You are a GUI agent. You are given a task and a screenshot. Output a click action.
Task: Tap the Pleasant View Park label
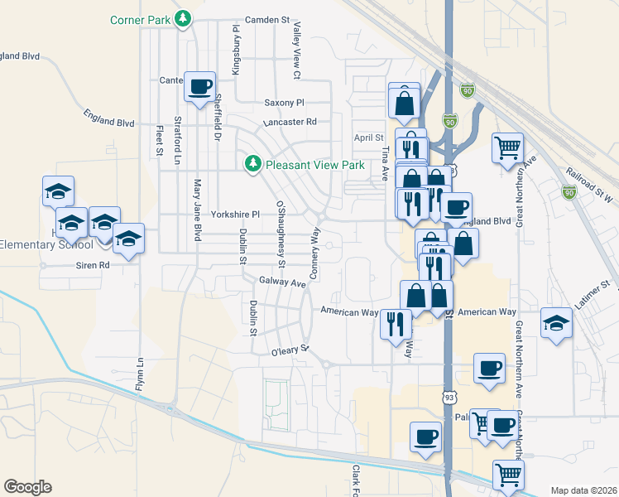click(315, 165)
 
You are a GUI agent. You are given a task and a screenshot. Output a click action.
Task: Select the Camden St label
click(268, 18)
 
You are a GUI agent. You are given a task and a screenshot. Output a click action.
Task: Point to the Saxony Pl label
click(285, 103)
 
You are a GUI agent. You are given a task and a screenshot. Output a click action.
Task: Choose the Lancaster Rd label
click(290, 122)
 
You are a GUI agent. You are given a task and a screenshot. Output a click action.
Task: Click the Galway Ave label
click(282, 282)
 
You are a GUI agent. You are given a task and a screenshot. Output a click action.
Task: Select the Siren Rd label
click(93, 265)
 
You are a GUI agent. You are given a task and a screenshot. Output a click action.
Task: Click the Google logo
click(27, 487)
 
